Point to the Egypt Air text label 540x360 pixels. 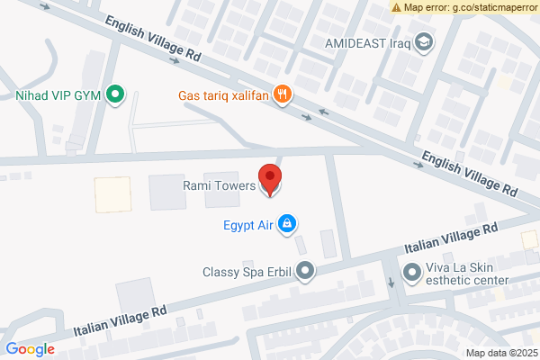coord(247,224)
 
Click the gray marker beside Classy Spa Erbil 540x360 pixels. coord(306,270)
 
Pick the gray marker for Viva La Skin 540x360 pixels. coord(412,270)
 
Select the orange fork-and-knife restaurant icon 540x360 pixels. coord(283,94)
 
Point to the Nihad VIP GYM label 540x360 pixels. coord(56,94)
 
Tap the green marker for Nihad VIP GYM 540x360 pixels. coord(115,94)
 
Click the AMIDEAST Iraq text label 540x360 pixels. coord(369,42)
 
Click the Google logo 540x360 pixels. coord(30,349)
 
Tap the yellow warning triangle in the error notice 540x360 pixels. coord(397,7)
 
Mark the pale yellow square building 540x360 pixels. coord(112,194)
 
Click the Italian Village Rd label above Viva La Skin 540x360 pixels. coord(451,238)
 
